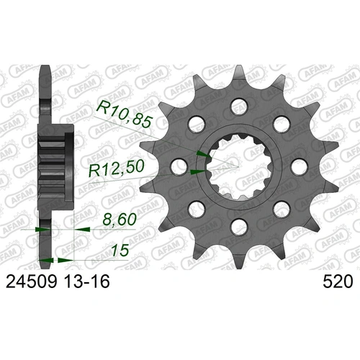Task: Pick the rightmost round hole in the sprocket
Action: pyautogui.click(x=299, y=167)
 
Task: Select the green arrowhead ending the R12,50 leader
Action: pyautogui.click(x=194, y=173)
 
